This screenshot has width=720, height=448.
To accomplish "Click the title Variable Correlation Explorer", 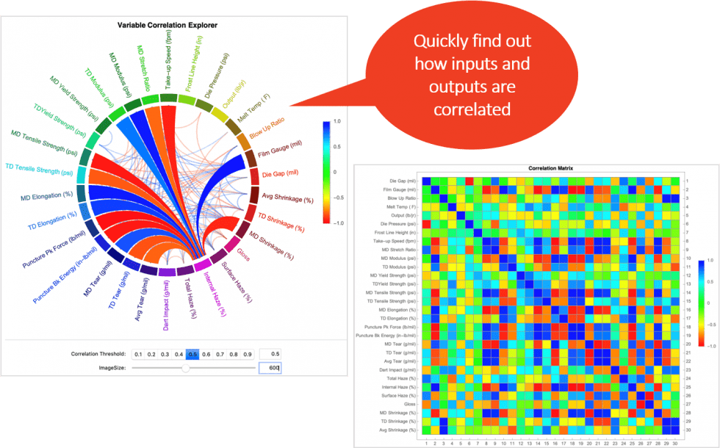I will (x=173, y=25).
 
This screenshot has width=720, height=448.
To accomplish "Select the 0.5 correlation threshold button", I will (x=192, y=353).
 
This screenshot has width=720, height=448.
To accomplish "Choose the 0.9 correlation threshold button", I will (x=247, y=353).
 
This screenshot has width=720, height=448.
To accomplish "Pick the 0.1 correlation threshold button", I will (x=137, y=353).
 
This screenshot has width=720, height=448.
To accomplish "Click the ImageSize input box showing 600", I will (x=270, y=367).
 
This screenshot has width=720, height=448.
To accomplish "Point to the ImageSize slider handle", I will (x=185, y=368).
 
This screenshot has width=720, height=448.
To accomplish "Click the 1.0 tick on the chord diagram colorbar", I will (x=336, y=121).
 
